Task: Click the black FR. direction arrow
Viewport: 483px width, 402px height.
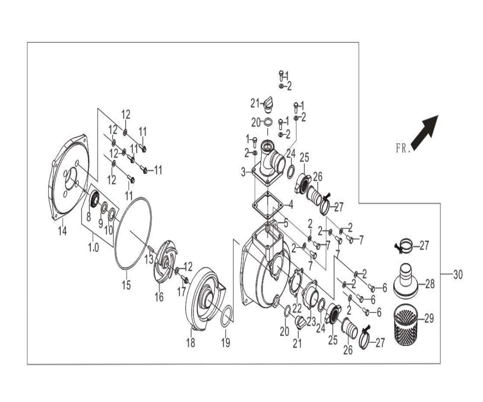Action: point(425,133)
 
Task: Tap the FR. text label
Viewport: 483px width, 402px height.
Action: point(403,148)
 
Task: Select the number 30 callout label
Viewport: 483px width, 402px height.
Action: point(458,275)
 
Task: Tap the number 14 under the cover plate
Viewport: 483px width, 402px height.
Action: point(62,231)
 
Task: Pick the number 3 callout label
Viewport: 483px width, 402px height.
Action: point(243,172)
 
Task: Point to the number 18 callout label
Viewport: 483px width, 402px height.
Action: point(191,343)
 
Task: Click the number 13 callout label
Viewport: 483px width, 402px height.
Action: point(149,259)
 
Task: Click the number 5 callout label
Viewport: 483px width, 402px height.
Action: point(286,224)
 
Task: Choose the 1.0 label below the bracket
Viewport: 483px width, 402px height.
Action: point(93,248)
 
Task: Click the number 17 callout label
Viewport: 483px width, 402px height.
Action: point(182,291)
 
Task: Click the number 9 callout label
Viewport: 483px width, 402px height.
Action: point(100,224)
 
